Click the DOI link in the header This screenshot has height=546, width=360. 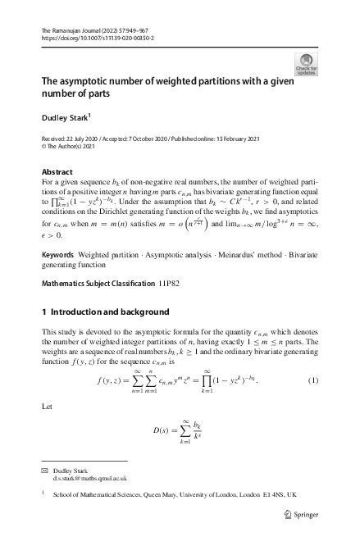(x=98, y=38)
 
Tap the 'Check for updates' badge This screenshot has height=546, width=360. (x=306, y=65)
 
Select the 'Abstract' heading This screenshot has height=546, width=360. (x=57, y=171)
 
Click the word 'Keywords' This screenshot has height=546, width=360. (x=58, y=234)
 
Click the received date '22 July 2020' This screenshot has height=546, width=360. (x=88, y=139)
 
